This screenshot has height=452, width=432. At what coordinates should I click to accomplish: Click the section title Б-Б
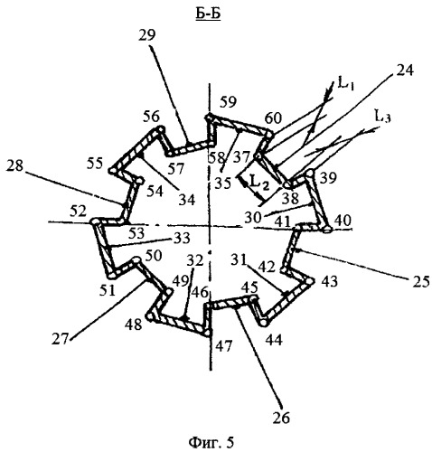tap(208, 14)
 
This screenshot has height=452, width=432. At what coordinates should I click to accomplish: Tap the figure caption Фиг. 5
tap(211, 442)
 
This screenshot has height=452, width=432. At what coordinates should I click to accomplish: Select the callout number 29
tap(147, 35)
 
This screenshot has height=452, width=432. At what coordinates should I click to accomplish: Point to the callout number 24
tap(405, 71)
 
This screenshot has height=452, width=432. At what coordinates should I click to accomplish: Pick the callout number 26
tap(281, 418)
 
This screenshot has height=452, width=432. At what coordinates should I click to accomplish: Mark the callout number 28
tap(14, 165)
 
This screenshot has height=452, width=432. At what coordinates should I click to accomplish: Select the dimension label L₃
tap(382, 116)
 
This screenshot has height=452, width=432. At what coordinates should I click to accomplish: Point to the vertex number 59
tap(228, 101)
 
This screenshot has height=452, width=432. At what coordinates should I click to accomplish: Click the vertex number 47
tap(224, 345)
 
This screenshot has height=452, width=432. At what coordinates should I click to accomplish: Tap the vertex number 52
tap(78, 211)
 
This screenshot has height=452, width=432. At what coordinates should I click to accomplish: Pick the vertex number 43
tap(329, 282)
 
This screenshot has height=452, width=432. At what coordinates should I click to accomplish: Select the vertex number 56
tap(151, 117)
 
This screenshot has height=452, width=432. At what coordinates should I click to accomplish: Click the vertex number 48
tap(134, 325)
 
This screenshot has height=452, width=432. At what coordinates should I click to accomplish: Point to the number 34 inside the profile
tap(187, 199)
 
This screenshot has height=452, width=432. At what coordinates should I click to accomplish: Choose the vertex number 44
tap(274, 340)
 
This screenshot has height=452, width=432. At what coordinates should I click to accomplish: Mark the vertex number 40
tap(343, 221)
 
